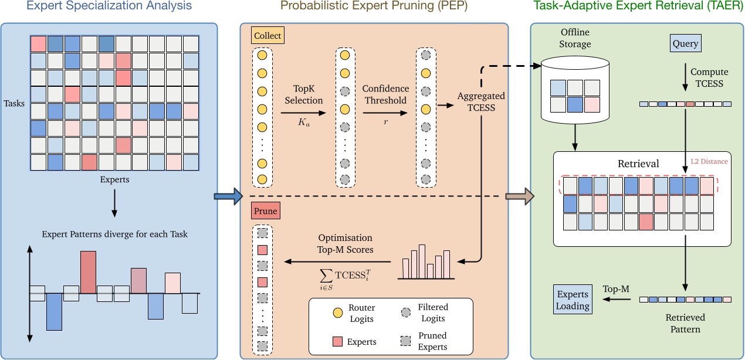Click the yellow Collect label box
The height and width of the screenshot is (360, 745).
coord(267,36)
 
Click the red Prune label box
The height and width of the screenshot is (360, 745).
coord(265,210)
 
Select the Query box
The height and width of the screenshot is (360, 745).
coord(685,43)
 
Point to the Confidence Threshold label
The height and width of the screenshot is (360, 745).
coord(385,94)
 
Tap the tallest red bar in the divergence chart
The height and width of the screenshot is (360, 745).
coord(87,272)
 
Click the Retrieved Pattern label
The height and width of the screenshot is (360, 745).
coord(685,323)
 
